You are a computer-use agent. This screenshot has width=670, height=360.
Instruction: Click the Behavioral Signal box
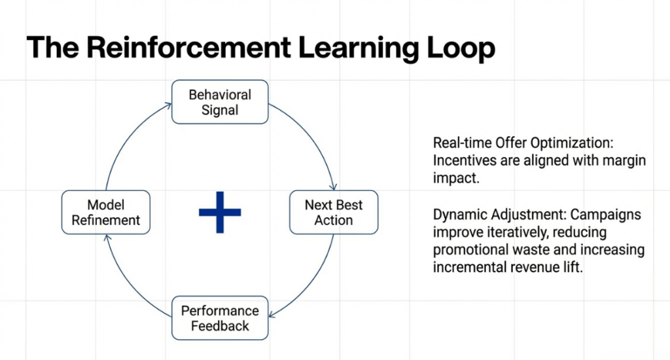[220, 102]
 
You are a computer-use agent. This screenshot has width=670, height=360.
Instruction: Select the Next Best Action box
[334, 213]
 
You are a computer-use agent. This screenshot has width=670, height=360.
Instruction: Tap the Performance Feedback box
[220, 318]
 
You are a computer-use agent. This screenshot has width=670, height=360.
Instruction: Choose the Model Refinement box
[106, 213]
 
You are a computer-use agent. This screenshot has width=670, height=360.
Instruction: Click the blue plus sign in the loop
[220, 212]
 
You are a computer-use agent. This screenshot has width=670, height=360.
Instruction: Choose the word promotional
[470, 251]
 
